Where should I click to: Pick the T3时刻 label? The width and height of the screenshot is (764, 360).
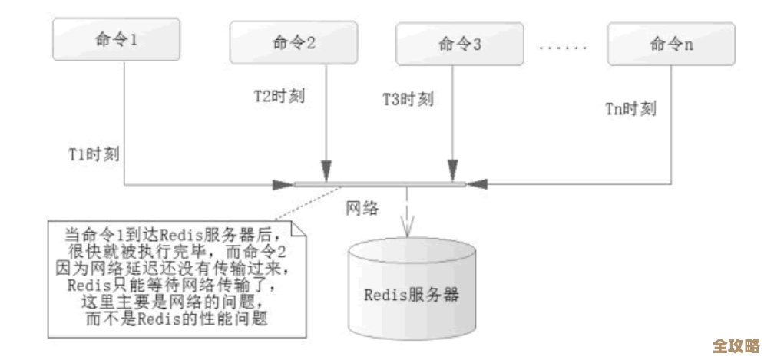point(408,100)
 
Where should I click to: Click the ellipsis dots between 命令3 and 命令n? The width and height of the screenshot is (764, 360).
point(562,46)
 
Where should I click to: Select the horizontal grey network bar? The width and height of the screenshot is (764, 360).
point(379,184)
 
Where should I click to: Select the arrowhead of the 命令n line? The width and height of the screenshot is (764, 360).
point(476,184)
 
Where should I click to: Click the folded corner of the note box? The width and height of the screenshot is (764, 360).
point(298,229)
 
